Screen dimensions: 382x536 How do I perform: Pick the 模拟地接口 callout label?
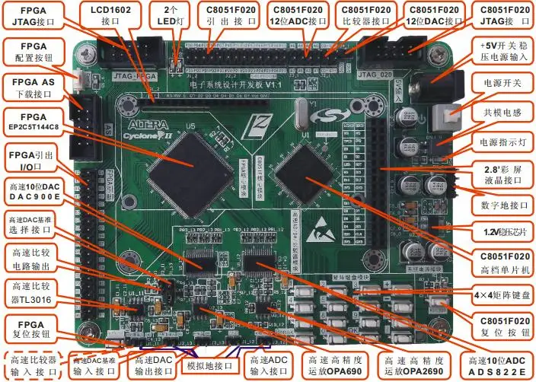click(207, 366)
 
